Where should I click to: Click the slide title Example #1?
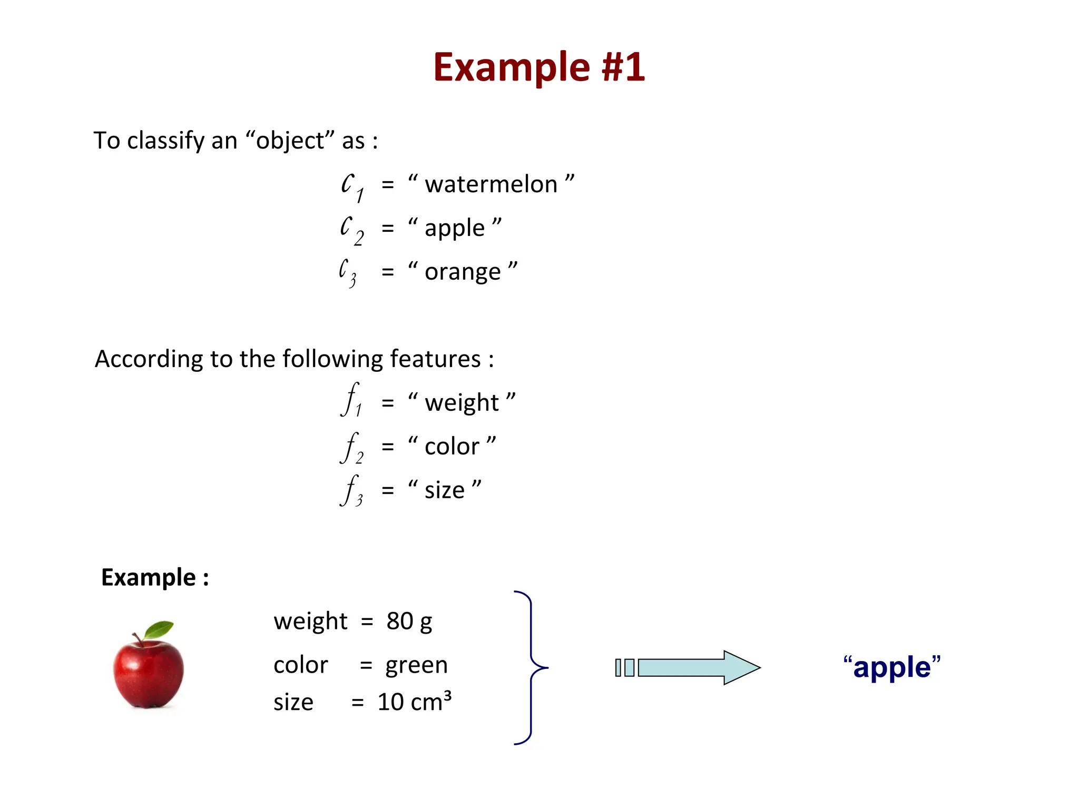[x=539, y=67]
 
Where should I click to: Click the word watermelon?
[x=491, y=184]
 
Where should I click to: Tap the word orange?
[x=463, y=272]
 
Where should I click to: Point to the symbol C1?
[x=351, y=186]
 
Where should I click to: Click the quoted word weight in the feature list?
[x=462, y=403]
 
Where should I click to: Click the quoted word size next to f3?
[x=445, y=490]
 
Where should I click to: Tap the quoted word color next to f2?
[x=452, y=447]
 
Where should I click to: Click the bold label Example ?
[x=155, y=577]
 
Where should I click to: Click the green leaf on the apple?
[x=159, y=629]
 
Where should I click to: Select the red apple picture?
[x=149, y=674]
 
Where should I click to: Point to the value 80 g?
[x=409, y=621]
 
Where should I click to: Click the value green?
[x=416, y=665]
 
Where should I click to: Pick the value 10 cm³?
[x=415, y=702]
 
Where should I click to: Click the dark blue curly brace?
[x=531, y=668]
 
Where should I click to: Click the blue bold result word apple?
[x=892, y=668]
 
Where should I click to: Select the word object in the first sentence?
[x=290, y=141]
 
